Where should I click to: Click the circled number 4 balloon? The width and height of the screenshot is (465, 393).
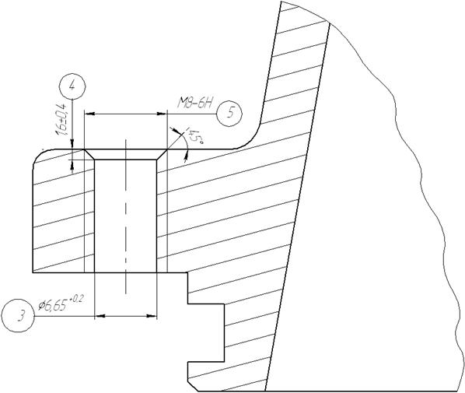tap(72, 86)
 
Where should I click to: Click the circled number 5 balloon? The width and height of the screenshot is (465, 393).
tap(229, 114)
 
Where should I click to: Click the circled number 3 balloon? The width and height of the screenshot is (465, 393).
tap(18, 315)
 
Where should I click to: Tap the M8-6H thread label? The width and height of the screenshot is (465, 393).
tap(195, 104)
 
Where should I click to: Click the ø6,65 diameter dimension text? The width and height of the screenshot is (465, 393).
tap(53, 305)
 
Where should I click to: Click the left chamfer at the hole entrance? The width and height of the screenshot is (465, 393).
tap(89, 154)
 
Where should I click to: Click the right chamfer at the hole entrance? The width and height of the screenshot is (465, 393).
tap(162, 154)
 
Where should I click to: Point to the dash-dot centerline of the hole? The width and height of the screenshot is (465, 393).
tap(126, 216)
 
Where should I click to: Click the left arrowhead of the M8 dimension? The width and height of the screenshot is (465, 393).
tap(89, 114)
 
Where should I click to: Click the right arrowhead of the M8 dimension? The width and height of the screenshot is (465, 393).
tap(162, 114)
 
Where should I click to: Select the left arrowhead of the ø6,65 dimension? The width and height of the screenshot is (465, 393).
tap(99, 317)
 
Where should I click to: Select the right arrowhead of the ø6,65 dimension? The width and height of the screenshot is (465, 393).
tap(152, 317)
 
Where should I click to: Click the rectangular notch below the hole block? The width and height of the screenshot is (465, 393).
tap(206, 332)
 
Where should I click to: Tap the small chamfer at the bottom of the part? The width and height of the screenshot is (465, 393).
tap(193, 385)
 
